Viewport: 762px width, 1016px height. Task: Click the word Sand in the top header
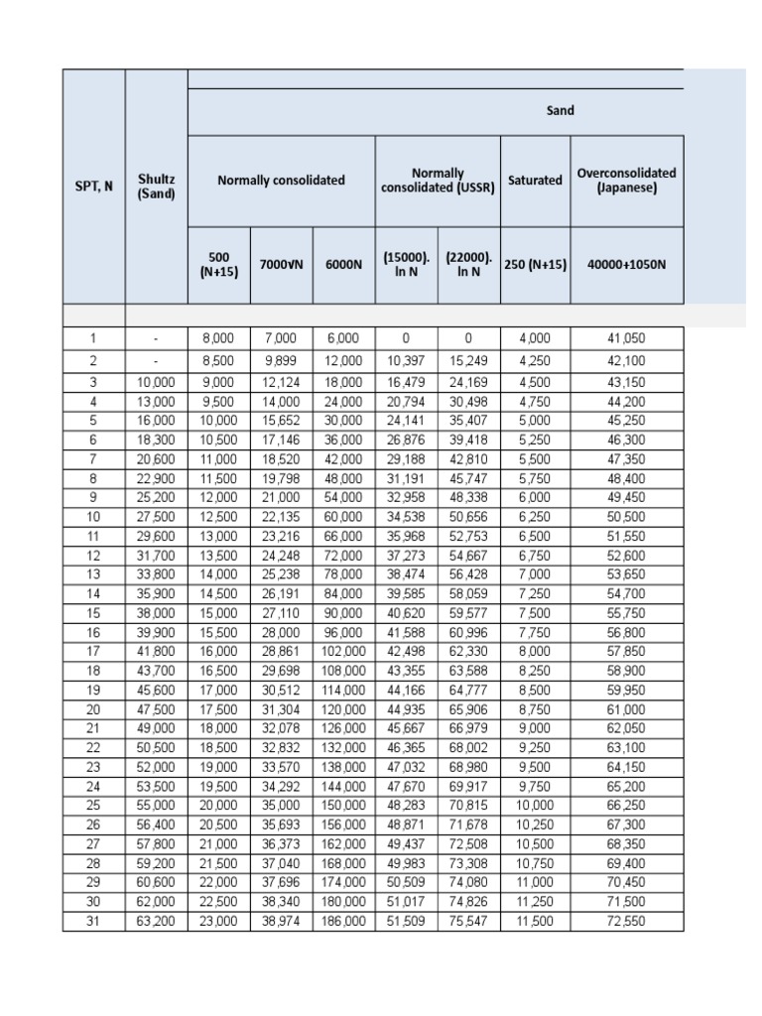[561, 111]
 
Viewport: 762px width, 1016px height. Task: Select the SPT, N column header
[93, 187]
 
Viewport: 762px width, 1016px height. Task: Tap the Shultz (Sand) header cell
[156, 187]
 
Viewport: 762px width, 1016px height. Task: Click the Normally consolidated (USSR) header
[437, 181]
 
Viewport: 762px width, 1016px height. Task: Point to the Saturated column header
[535, 181]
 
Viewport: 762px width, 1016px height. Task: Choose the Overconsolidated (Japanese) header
[626, 180]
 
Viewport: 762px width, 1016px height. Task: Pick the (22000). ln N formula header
[468, 265]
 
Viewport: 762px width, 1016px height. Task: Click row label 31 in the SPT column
[93, 922]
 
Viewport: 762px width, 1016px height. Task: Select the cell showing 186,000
[342, 922]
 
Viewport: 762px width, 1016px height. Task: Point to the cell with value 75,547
[468, 922]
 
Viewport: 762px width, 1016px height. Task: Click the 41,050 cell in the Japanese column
[626, 338]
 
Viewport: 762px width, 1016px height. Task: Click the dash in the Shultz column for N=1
[156, 338]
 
